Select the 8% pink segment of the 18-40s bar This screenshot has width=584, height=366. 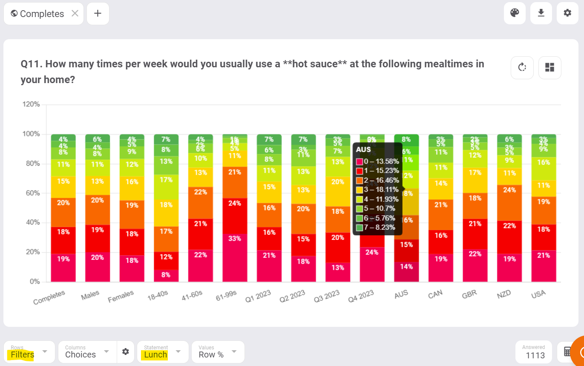click(166, 275)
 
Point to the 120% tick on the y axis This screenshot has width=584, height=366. click(31, 104)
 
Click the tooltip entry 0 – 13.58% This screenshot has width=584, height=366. click(377, 161)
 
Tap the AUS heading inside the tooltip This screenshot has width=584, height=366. click(363, 150)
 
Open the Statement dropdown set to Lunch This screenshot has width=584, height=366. click(162, 352)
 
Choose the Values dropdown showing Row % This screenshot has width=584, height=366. click(218, 352)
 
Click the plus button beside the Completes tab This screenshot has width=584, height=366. click(98, 14)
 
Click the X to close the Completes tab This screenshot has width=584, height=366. click(75, 14)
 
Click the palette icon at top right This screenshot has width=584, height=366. click(515, 13)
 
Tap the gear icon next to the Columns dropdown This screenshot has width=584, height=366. click(125, 352)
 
